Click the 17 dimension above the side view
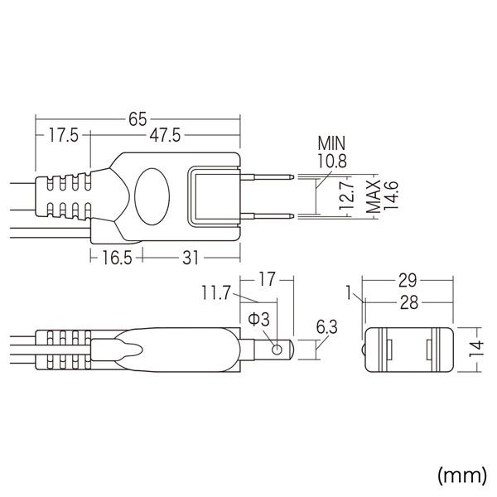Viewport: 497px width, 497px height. point(266,280)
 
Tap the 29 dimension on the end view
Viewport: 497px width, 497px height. point(407,280)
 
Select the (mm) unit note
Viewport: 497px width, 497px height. point(461,475)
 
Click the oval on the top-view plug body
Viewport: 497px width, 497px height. point(150,196)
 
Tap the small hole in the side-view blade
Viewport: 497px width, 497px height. point(277,350)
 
